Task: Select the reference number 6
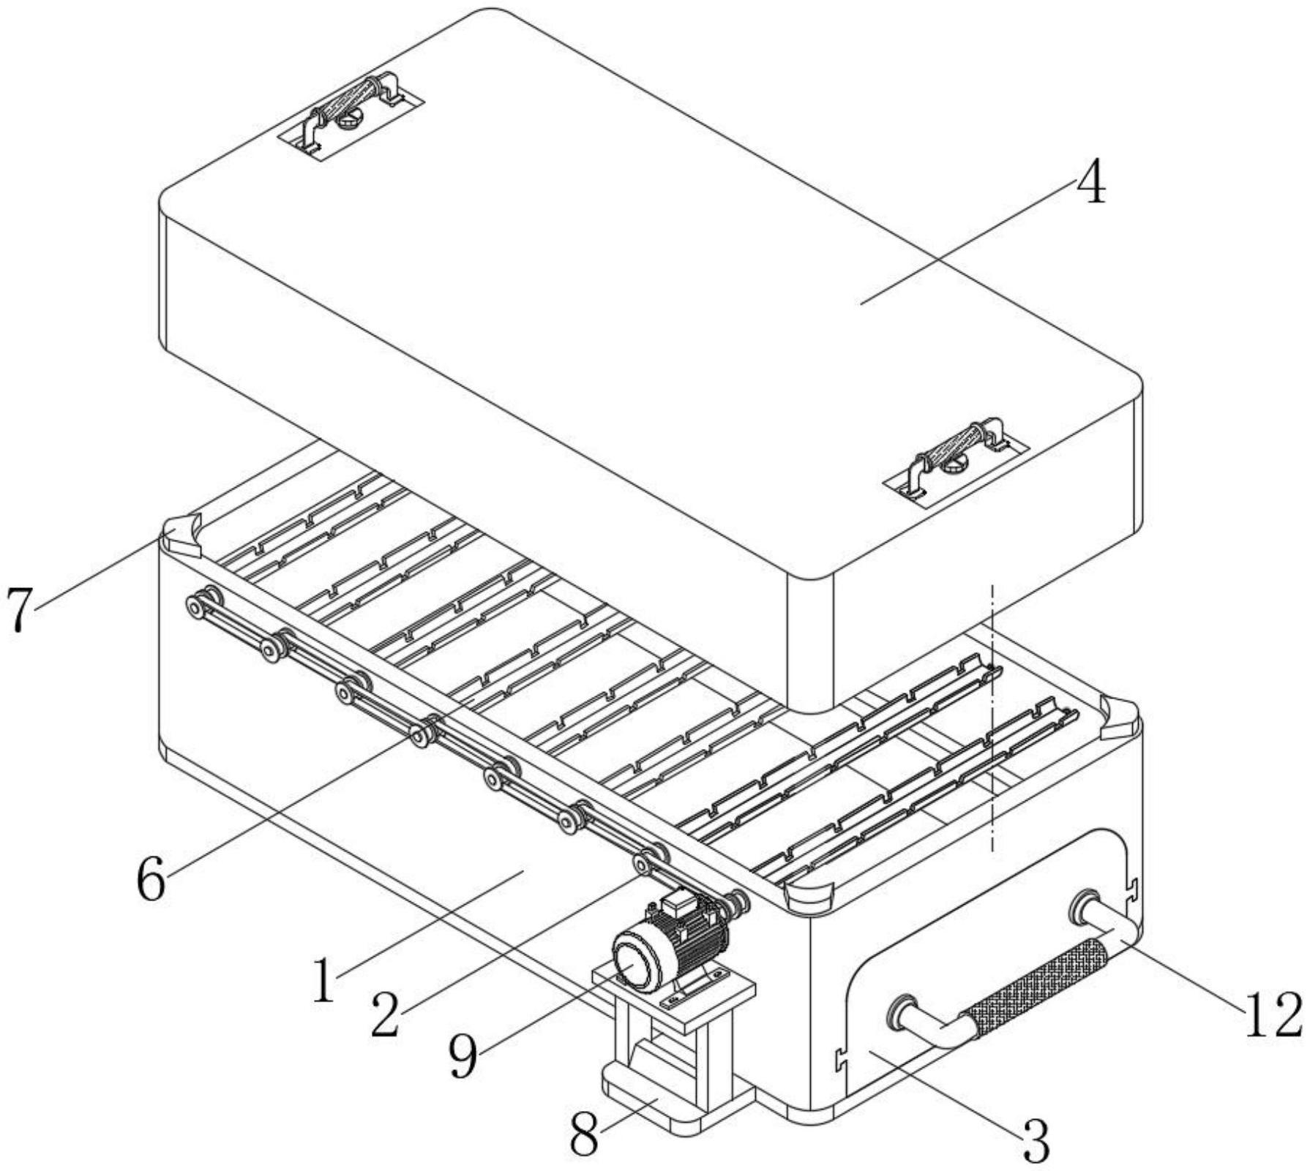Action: pyautogui.click(x=151, y=880)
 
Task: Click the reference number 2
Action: pyautogui.click(x=385, y=1014)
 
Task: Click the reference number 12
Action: pyautogui.click(x=1273, y=1014)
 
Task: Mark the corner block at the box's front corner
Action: pyautogui.click(x=809, y=896)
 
